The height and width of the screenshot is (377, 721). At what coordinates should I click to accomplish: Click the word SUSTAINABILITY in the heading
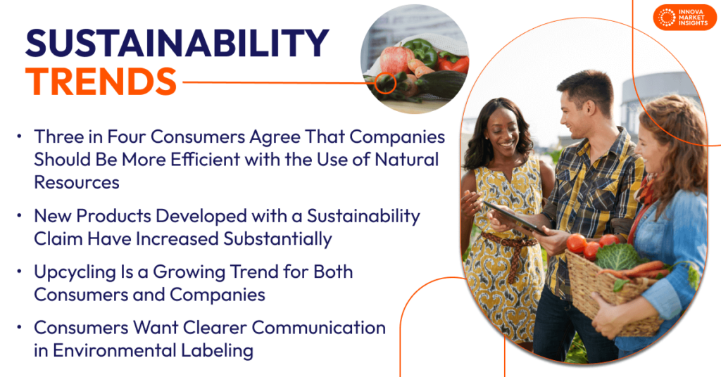pyautogui.click(x=176, y=44)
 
